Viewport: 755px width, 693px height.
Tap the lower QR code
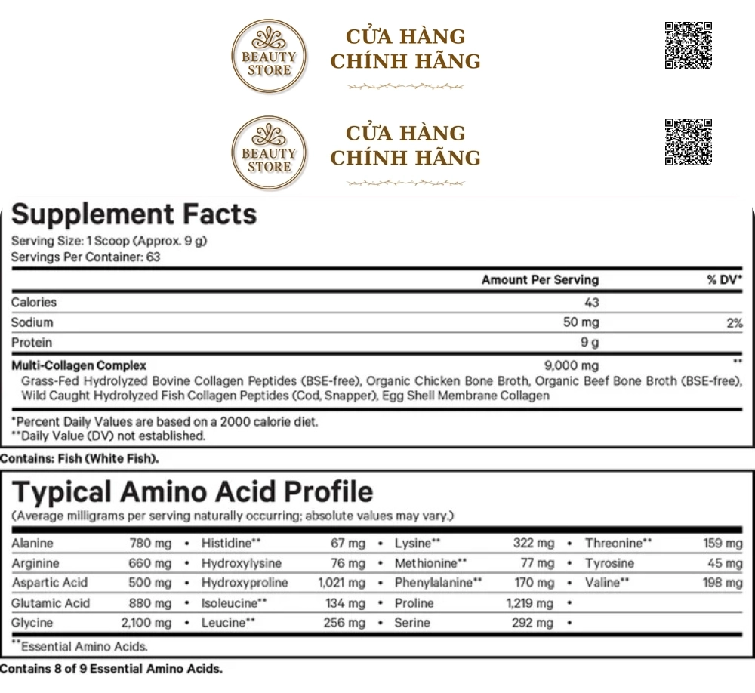tap(688, 142)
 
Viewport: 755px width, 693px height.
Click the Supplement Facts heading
tap(134, 214)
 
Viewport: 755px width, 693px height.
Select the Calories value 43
tap(591, 303)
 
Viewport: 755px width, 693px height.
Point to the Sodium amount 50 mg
tap(581, 322)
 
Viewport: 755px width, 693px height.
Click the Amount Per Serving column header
tap(540, 280)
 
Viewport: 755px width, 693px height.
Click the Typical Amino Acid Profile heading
tap(193, 492)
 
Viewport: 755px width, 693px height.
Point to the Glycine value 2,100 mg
tap(146, 623)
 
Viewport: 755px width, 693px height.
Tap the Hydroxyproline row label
tap(245, 583)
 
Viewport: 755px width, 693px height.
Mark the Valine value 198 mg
tap(722, 583)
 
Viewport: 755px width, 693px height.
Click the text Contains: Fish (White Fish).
tap(80, 458)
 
